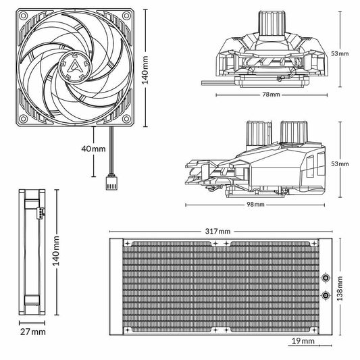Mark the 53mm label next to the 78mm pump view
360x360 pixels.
[x=344, y=53]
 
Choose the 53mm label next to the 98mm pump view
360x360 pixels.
[x=344, y=164]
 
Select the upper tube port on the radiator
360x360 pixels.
[x=326, y=278]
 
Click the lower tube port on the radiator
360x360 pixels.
[x=326, y=294]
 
